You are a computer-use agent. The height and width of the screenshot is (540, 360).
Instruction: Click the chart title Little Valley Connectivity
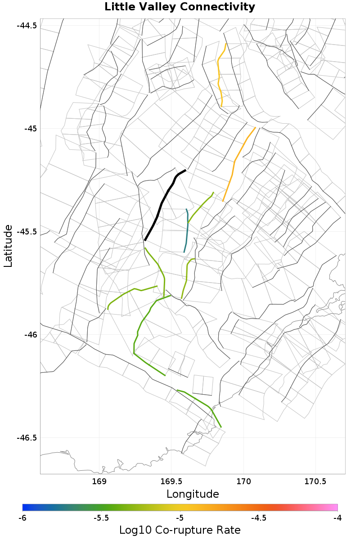(x=180, y=7)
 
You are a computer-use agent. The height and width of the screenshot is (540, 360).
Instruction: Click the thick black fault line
(x=161, y=205)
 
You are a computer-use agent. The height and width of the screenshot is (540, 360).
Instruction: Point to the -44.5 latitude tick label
(x=27, y=25)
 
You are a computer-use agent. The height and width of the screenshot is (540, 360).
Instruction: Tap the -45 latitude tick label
(x=30, y=128)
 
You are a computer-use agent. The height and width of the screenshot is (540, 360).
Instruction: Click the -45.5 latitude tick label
(x=27, y=232)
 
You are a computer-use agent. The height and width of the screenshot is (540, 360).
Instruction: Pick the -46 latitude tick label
(x=30, y=335)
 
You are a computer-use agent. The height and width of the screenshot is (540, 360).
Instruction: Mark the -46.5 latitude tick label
(x=27, y=438)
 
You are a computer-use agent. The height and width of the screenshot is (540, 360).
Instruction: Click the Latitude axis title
(x=9, y=246)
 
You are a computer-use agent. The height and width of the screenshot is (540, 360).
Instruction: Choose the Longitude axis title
(x=193, y=494)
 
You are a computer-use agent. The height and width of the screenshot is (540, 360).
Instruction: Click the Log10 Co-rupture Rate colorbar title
(x=180, y=530)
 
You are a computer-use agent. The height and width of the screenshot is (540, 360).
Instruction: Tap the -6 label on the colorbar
(x=22, y=518)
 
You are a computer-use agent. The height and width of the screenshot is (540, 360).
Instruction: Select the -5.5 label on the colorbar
(x=101, y=518)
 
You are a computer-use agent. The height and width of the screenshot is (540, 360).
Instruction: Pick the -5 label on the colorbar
(x=180, y=518)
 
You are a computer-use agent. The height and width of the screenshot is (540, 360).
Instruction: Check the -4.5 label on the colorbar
(x=258, y=518)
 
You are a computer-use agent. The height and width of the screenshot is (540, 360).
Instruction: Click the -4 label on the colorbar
(x=337, y=518)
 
